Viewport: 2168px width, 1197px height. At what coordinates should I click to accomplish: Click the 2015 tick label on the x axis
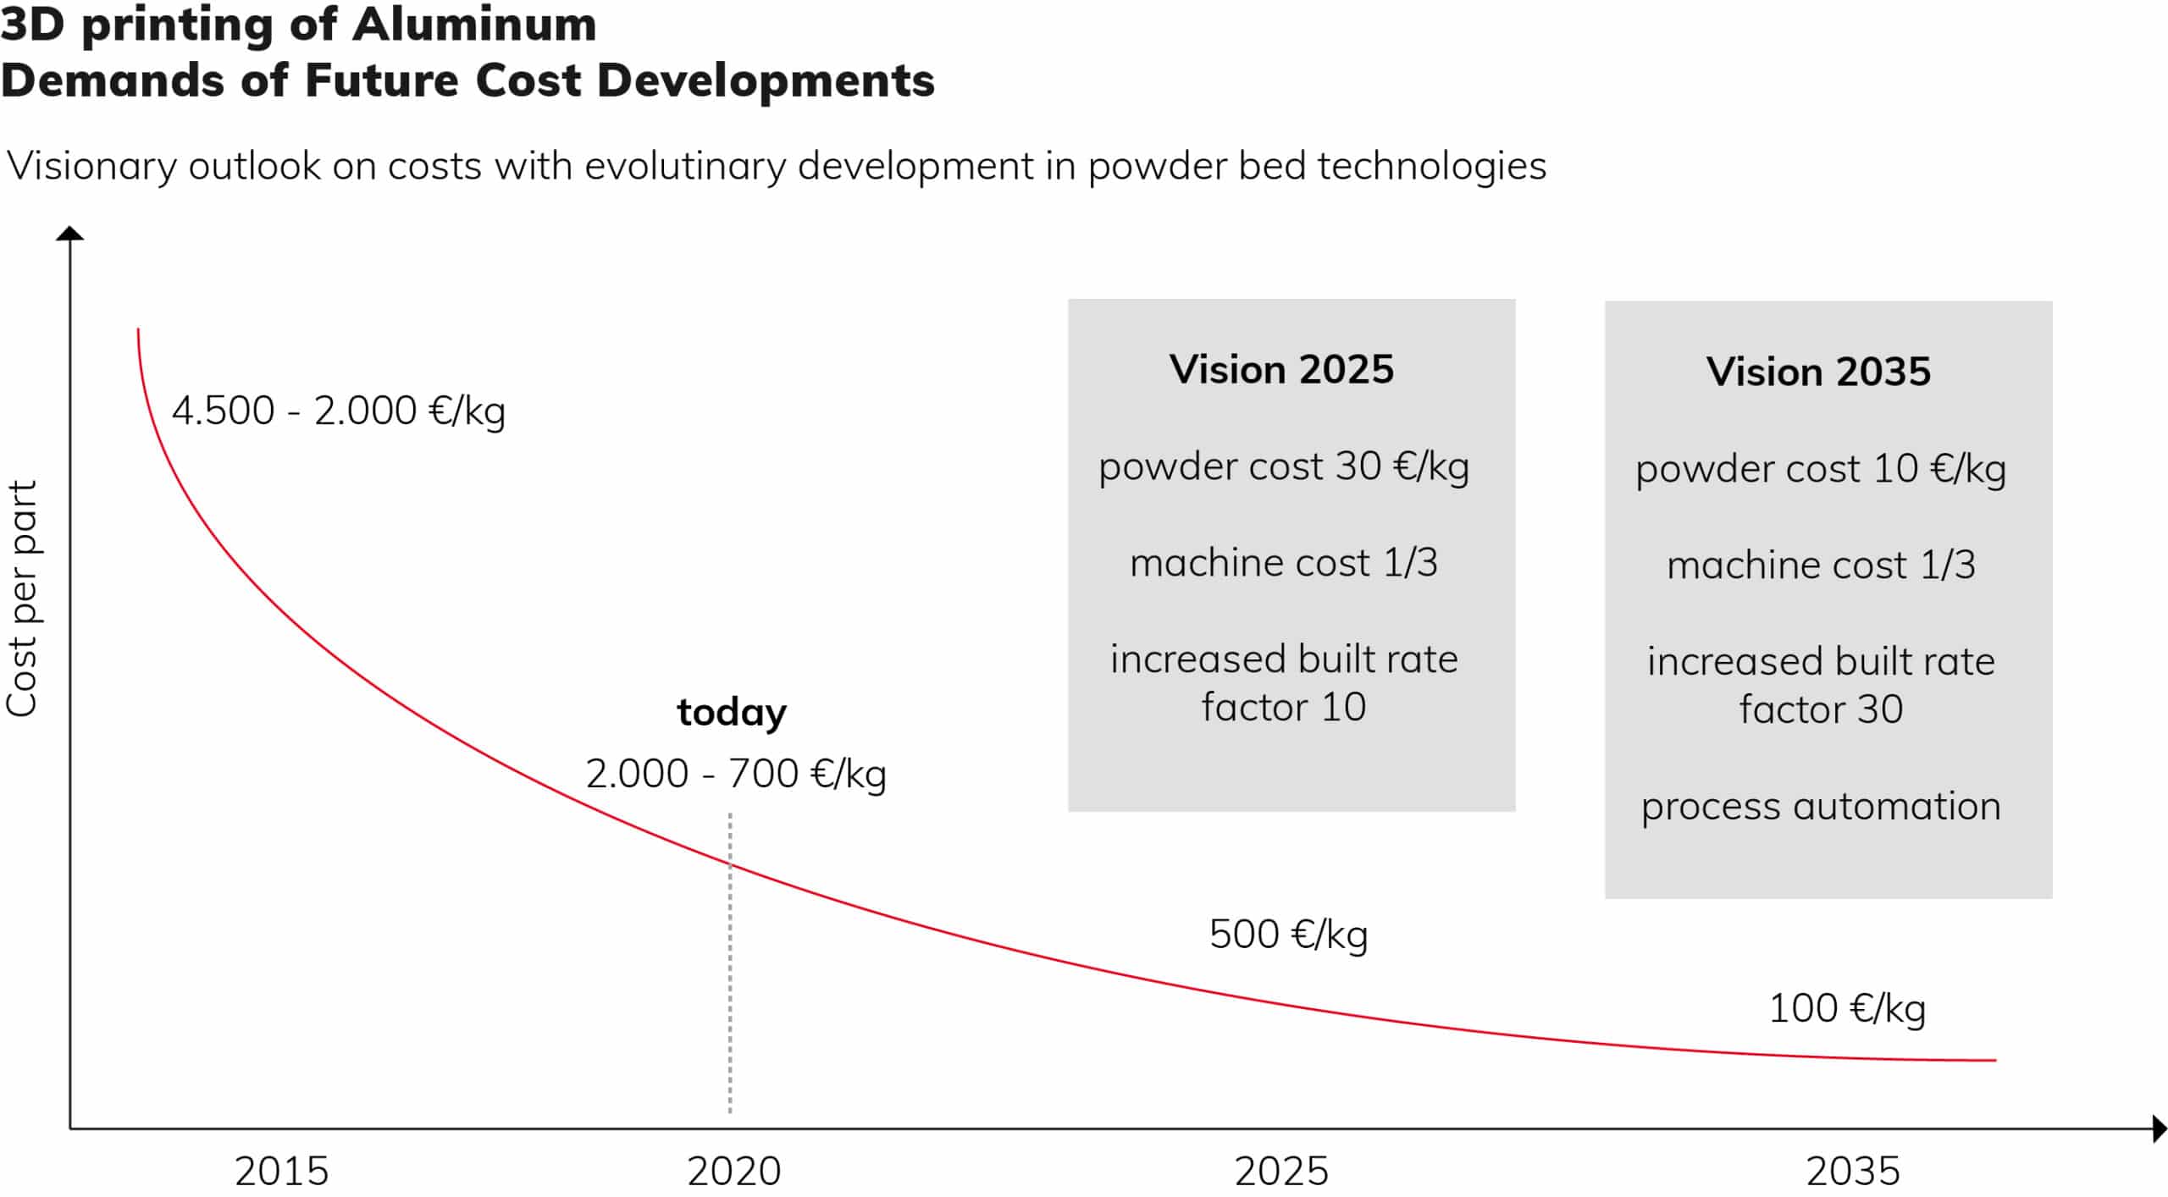tap(281, 1172)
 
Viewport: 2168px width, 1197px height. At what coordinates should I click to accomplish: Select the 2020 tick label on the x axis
tap(733, 1172)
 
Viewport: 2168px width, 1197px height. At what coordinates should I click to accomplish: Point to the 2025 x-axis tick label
tap(1281, 1172)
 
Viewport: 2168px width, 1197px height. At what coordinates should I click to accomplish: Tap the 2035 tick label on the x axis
tap(1853, 1172)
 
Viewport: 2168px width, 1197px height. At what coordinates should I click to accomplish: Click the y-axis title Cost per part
tap(22, 598)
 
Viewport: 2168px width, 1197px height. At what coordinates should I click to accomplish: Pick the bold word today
tap(732, 712)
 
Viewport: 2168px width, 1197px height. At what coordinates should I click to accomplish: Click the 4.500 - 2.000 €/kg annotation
tap(339, 411)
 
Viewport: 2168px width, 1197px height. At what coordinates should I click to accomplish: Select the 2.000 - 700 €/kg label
tap(736, 774)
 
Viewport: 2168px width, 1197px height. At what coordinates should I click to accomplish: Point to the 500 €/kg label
tap(1288, 935)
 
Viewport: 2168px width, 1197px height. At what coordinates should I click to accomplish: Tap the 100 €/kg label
tap(1847, 1008)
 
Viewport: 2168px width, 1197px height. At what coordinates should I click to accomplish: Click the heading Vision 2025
tap(1281, 370)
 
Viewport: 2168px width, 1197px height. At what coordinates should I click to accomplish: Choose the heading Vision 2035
tap(1818, 372)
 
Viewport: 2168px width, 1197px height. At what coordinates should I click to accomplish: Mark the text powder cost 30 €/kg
tap(1284, 467)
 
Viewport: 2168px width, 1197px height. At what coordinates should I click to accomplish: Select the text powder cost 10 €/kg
tap(1821, 470)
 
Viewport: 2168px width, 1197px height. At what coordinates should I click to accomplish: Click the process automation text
tap(1821, 807)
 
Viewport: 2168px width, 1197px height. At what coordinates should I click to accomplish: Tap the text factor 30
tap(1821, 709)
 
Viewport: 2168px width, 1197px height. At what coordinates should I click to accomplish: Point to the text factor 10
tap(1284, 707)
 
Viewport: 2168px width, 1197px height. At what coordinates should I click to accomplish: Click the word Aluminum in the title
tap(474, 24)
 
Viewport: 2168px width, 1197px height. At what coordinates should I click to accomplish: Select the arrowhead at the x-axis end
tap(2160, 1128)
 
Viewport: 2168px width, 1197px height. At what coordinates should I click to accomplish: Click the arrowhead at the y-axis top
tap(69, 233)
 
